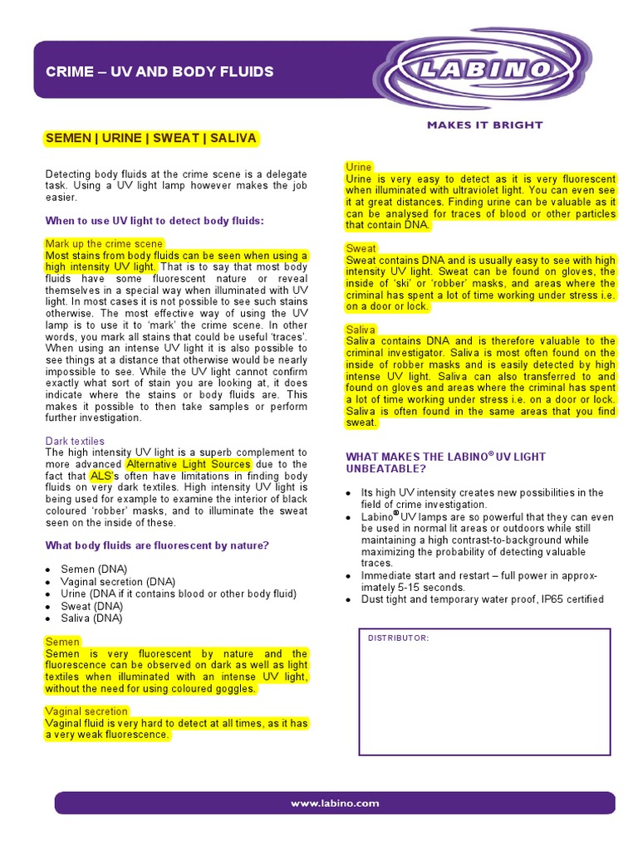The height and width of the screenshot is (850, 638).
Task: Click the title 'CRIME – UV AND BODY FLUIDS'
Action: [159, 72]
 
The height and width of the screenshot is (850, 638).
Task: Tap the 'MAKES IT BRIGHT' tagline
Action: [484, 125]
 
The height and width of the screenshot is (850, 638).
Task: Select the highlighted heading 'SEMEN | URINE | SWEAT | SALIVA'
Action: [151, 138]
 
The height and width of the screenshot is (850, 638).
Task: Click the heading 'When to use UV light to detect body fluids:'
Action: [154, 221]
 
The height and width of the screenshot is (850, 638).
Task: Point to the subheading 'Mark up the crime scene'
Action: [104, 244]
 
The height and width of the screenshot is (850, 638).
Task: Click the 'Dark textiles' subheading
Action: [75, 441]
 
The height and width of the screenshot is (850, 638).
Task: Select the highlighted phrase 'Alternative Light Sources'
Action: [188, 464]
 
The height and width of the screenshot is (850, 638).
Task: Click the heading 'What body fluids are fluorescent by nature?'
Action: [157, 545]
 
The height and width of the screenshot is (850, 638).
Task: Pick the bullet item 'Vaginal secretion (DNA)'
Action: [118, 582]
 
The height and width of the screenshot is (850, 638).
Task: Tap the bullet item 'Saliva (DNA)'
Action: [91, 618]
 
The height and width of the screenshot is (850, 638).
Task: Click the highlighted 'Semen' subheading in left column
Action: [62, 642]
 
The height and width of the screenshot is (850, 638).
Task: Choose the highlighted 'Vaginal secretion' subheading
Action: [86, 711]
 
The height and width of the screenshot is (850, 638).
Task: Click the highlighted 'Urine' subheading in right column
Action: [359, 167]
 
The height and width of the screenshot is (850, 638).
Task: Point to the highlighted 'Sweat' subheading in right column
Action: [361, 248]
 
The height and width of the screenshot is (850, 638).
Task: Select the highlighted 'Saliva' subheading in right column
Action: [361, 330]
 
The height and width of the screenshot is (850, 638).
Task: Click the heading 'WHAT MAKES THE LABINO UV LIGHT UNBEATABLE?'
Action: [445, 462]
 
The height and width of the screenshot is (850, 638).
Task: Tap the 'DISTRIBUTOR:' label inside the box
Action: [398, 637]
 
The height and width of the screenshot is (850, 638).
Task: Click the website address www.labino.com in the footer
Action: [335, 803]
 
